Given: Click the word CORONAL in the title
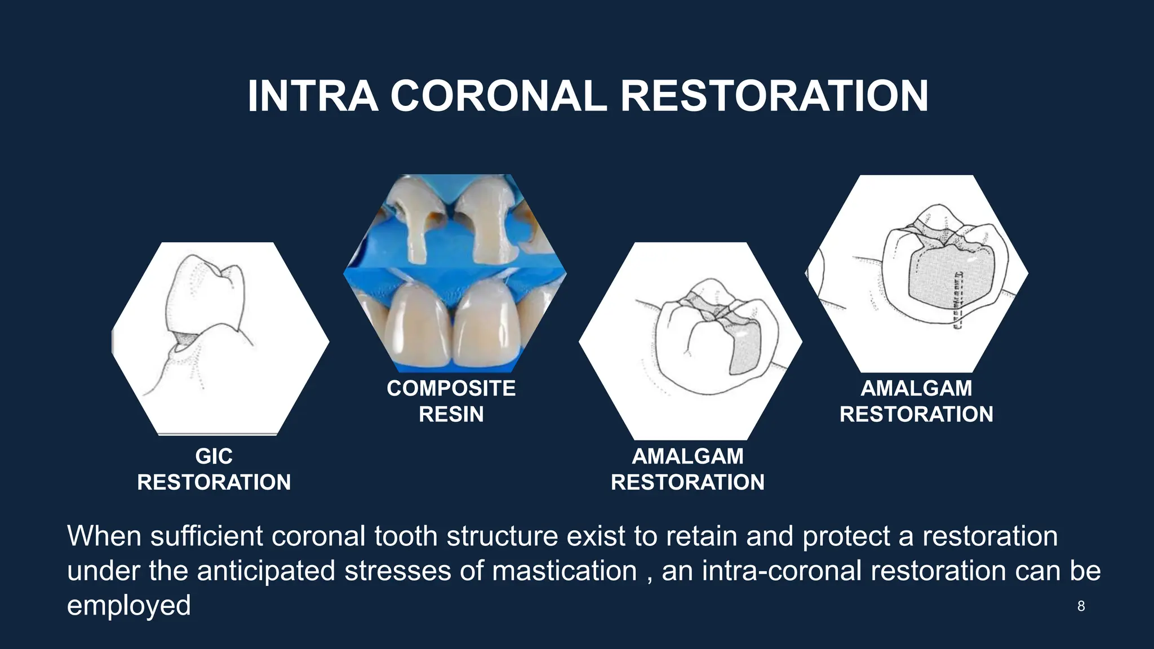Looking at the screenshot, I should (x=498, y=96).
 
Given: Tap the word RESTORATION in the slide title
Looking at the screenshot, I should (x=774, y=96).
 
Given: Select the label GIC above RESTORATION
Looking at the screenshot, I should (x=214, y=456).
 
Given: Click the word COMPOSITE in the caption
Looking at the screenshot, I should (x=451, y=388).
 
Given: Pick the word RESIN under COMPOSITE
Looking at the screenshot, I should (x=451, y=415).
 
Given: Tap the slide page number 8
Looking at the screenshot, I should (x=1081, y=606).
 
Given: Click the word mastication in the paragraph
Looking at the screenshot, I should (x=564, y=571).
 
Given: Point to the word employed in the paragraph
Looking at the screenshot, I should (x=128, y=606).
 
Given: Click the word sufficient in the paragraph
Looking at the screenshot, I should (x=206, y=536).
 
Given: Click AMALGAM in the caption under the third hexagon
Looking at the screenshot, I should (x=687, y=456).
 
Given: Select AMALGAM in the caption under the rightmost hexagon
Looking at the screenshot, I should (x=916, y=388).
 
